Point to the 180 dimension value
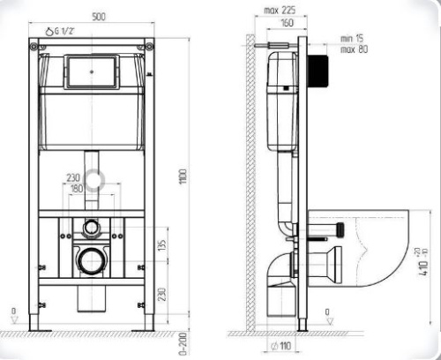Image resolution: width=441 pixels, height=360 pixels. (78, 187)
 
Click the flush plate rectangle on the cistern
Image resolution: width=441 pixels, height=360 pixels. (93, 72)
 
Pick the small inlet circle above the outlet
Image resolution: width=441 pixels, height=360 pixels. (91, 228)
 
